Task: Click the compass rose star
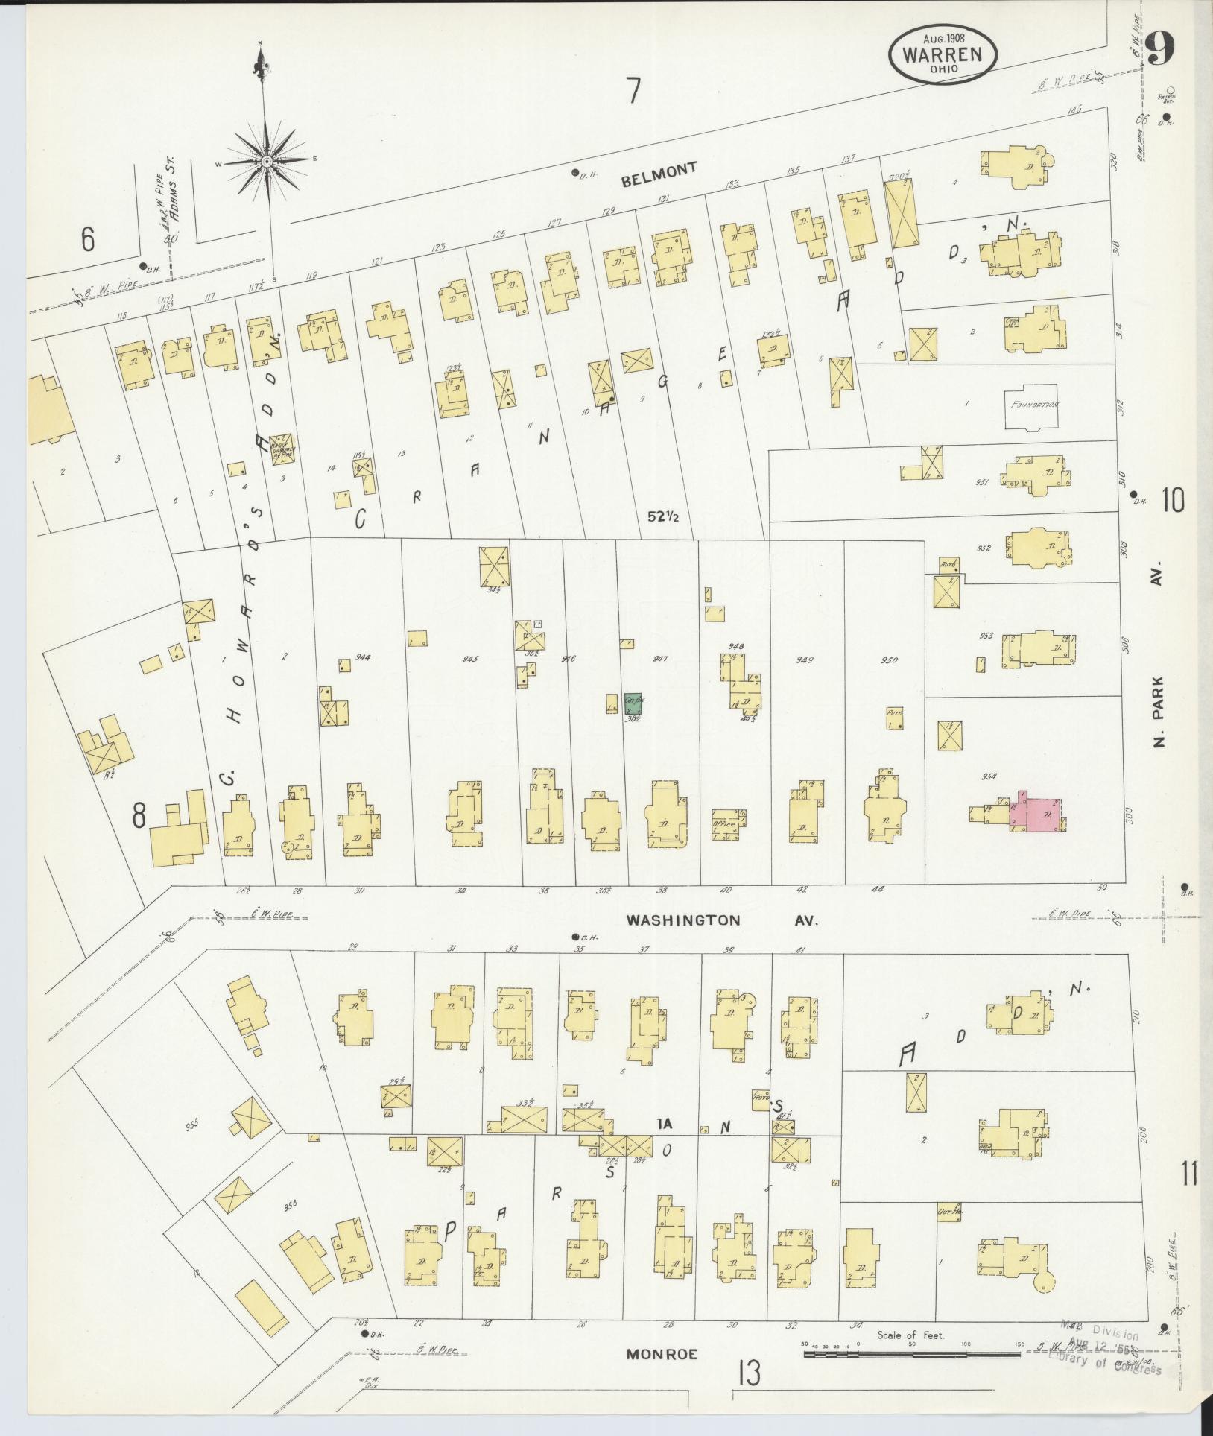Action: point(266,161)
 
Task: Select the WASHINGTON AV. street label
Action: point(721,920)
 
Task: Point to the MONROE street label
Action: point(662,1355)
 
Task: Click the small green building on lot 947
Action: point(633,703)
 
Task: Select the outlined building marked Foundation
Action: point(1031,407)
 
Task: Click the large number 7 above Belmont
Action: point(633,92)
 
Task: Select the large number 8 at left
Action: point(139,817)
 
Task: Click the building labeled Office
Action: point(724,824)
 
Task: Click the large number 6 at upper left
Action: point(88,239)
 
